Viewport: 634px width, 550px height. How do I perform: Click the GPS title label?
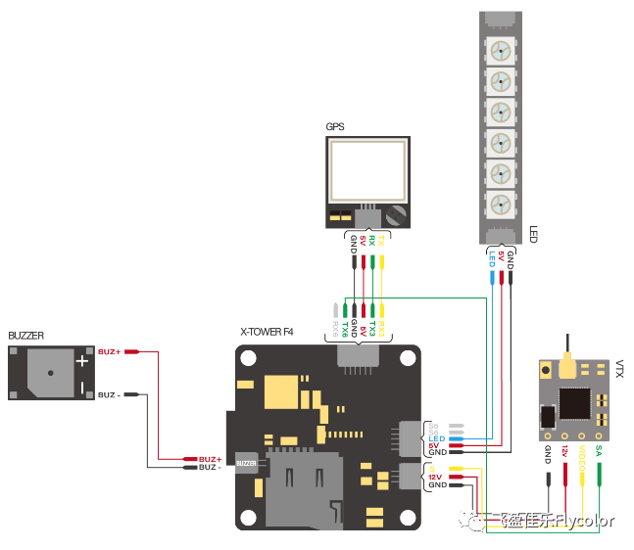tap(335, 126)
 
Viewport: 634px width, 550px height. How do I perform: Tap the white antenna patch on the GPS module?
tap(366, 169)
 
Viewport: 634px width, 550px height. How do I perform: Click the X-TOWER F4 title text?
tap(267, 333)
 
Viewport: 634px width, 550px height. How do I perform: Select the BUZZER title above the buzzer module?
tap(26, 335)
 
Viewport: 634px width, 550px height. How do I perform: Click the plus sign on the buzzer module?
tap(83, 361)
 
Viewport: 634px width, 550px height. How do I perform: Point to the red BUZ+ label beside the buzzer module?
tap(110, 350)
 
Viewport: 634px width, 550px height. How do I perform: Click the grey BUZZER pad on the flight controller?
tap(245, 463)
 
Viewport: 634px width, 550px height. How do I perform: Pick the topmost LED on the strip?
tap(501, 50)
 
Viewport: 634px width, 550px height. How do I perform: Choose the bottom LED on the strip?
tap(501, 206)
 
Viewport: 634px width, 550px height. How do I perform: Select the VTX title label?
tap(619, 368)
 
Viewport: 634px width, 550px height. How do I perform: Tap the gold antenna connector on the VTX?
tap(566, 368)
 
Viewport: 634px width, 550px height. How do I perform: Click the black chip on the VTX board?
tap(575, 404)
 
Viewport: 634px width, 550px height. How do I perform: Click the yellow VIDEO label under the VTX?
tap(582, 460)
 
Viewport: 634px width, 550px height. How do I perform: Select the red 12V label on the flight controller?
tap(436, 477)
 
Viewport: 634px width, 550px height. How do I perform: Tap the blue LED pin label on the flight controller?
tap(436, 438)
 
